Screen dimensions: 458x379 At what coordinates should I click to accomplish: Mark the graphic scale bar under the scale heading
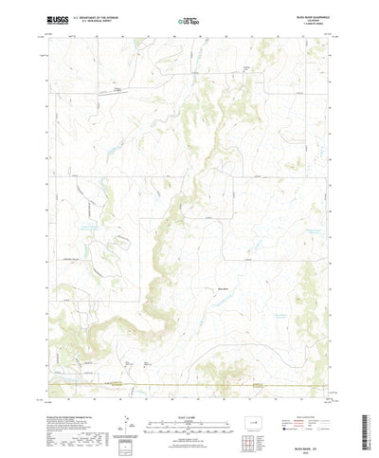click(189, 398)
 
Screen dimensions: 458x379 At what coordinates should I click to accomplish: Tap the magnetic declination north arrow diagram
click(123, 396)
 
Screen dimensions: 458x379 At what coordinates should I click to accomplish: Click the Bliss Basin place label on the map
click(224, 289)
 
